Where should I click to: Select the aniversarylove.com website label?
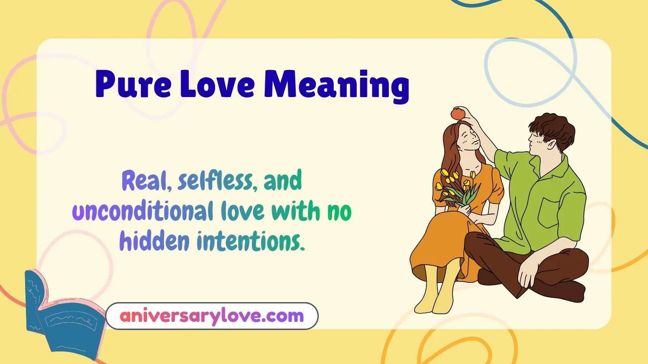211,315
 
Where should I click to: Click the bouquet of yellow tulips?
456,188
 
